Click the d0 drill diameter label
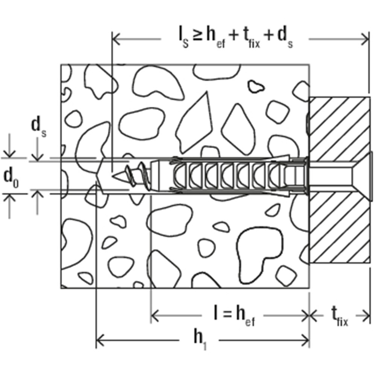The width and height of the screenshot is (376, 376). pyautogui.click(x=11, y=179)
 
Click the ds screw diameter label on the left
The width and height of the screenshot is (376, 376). pyautogui.click(x=39, y=128)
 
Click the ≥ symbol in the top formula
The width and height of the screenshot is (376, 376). pyautogui.click(x=197, y=37)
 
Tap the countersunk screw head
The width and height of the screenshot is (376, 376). pyautogui.click(x=362, y=176)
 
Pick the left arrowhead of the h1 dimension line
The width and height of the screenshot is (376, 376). pyautogui.click(x=100, y=340)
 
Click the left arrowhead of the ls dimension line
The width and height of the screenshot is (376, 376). pyautogui.click(x=116, y=39)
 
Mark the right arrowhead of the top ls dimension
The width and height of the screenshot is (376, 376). pyautogui.click(x=364, y=39)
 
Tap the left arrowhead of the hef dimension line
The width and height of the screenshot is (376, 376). pyautogui.click(x=155, y=315)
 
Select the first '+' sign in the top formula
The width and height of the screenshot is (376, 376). pyautogui.click(x=234, y=36)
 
